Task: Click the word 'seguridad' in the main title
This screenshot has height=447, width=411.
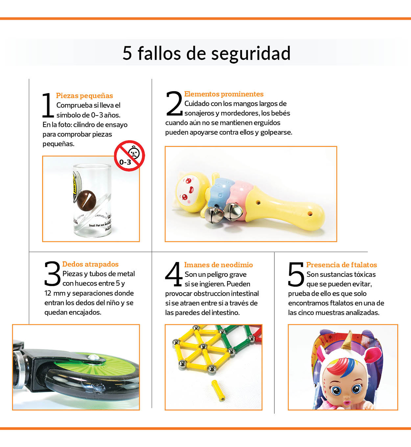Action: pos(250,54)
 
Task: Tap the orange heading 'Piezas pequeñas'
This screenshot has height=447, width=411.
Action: pos(84,96)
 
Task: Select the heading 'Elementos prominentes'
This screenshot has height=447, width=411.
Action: pos(224,94)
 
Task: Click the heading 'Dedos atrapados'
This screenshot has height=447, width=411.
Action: pos(90,264)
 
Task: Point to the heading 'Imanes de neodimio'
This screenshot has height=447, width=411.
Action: pos(219,265)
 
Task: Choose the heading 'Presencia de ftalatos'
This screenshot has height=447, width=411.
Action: pos(341,265)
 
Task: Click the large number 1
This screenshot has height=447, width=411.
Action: pos(48,105)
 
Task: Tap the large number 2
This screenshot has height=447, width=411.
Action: pos(174,104)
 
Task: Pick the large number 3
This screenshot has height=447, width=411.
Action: pos(52,274)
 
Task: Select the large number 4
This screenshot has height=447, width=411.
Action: pos(174,274)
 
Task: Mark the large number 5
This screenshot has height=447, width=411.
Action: pos(296,274)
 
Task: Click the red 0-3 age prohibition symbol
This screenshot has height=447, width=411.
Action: pos(129,156)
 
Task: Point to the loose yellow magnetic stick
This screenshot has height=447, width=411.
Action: pos(218,390)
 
